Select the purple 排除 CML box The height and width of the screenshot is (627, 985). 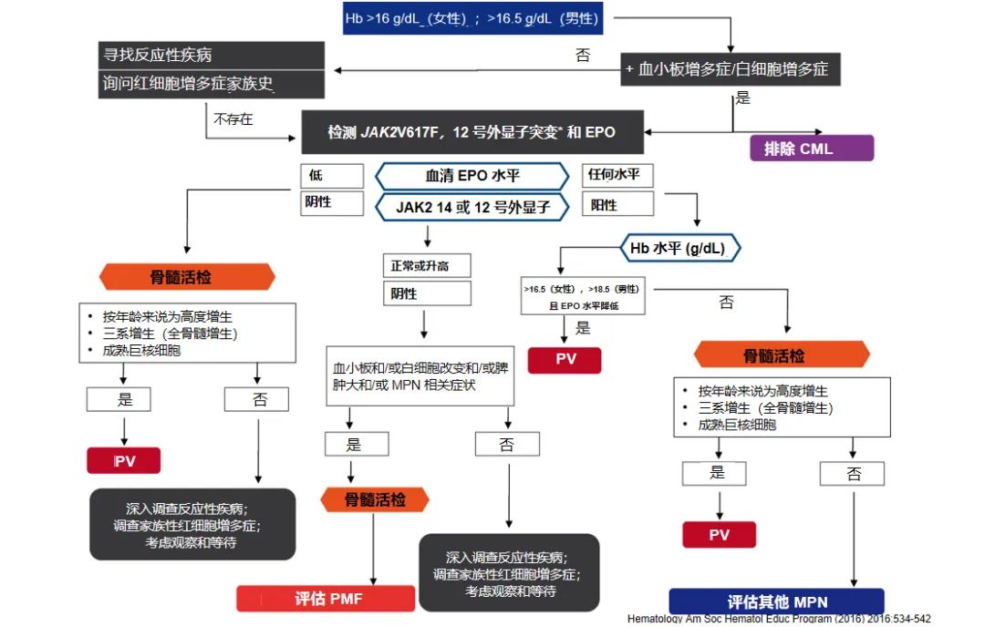811,149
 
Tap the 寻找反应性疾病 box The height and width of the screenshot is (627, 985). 212,55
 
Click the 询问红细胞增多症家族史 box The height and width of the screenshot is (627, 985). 212,84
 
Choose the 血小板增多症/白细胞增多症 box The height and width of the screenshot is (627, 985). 730,68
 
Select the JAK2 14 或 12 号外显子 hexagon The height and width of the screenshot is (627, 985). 472,207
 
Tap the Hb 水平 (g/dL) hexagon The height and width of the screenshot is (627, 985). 680,247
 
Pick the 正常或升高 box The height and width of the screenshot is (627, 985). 426,266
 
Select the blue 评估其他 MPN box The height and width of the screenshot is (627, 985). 776,601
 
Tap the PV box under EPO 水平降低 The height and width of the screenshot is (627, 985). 565,359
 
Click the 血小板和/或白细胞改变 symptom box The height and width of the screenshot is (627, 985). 420,376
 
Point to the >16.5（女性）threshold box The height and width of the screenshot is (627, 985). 582,296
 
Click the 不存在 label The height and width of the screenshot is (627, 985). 233,119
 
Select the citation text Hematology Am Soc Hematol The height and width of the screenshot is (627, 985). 779,620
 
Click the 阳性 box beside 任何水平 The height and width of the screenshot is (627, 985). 617,205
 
